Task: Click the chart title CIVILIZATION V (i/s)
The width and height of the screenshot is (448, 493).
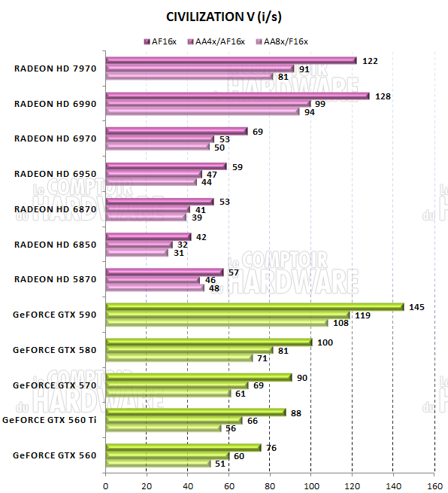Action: (223, 16)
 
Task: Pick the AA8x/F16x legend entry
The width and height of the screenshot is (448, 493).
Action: (283, 41)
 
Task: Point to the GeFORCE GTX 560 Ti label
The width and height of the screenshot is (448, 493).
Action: (50, 419)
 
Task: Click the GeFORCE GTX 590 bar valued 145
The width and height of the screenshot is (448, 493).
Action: (255, 306)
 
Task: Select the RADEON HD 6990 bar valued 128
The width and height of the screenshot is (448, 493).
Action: (238, 96)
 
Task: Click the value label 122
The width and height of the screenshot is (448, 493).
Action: (369, 61)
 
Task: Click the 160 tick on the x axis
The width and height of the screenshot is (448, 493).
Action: (434, 485)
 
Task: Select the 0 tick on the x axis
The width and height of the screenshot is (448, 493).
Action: (106, 485)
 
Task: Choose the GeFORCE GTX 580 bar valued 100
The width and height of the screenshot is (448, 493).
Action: (208, 342)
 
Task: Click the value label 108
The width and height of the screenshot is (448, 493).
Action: (341, 323)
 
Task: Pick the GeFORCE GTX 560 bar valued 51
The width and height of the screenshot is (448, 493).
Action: (158, 463)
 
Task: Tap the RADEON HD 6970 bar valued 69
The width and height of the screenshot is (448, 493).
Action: (177, 131)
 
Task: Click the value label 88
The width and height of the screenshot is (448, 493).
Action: (298, 412)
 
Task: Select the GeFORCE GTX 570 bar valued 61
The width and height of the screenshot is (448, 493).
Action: (168, 393)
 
